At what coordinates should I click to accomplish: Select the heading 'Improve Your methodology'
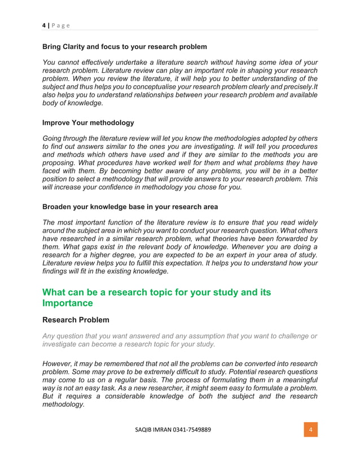88,122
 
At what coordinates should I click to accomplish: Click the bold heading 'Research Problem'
76,320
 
